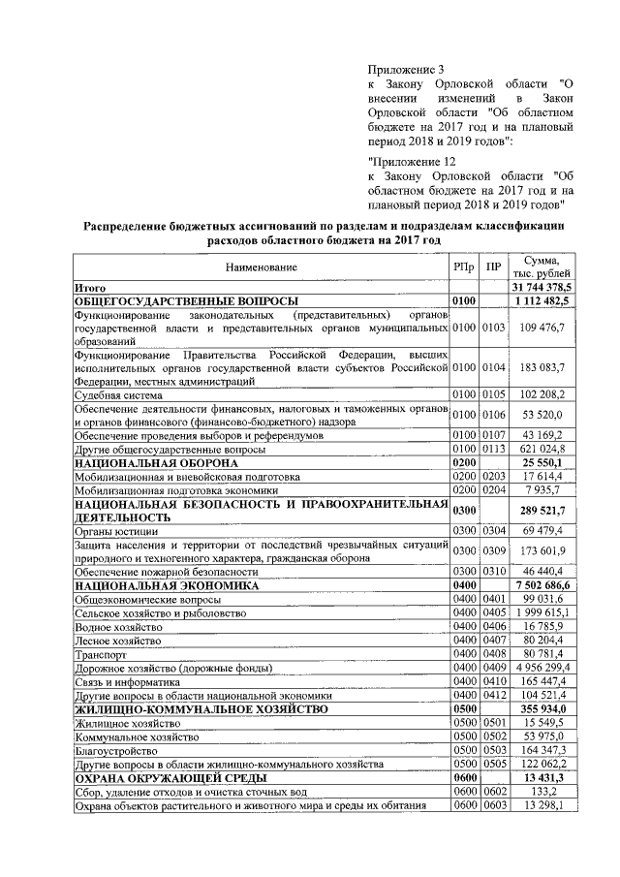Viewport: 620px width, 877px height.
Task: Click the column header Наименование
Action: tap(262, 266)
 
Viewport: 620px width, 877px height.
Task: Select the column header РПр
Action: tap(464, 266)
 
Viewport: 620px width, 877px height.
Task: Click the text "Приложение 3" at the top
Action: tap(406, 69)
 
